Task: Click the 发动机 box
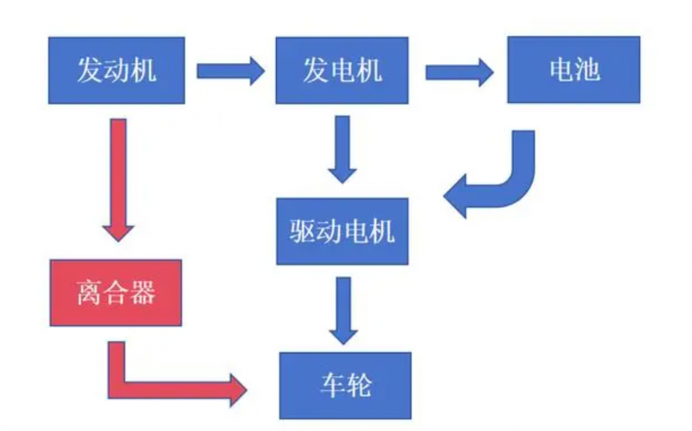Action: coord(117,70)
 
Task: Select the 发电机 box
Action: coord(342,70)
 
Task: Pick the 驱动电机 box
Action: coord(342,231)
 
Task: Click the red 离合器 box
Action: coord(116,293)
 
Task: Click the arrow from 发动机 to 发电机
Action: coord(229,70)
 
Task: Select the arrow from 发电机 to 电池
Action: coord(458,70)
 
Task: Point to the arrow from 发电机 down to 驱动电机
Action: coord(343,148)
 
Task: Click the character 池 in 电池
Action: coord(587,70)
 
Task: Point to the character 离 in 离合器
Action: coord(90,293)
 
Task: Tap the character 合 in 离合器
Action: coord(116,293)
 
